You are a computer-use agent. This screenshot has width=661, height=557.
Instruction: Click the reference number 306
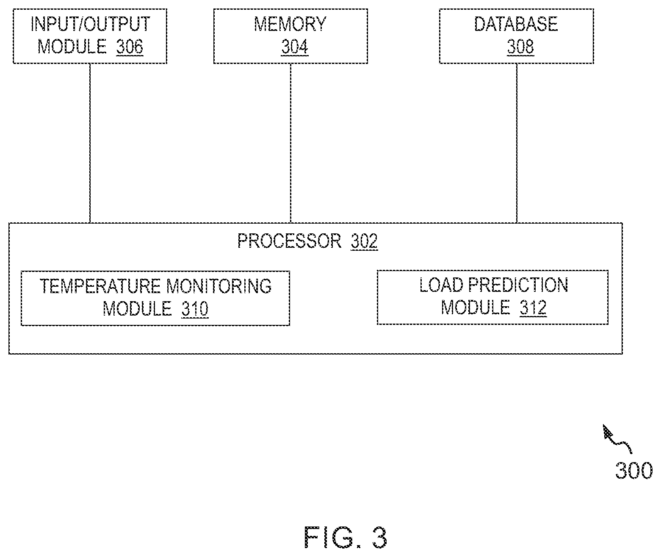click(x=130, y=47)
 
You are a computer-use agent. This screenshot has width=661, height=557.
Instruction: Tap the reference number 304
click(x=294, y=47)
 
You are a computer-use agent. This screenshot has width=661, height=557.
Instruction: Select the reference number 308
click(x=520, y=47)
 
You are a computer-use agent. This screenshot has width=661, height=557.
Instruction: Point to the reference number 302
click(x=364, y=241)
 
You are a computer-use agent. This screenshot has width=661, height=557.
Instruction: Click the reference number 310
click(x=195, y=309)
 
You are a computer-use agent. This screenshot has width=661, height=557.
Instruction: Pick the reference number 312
click(x=533, y=308)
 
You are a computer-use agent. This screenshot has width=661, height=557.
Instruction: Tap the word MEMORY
click(x=290, y=24)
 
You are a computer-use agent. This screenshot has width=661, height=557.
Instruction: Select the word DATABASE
click(x=516, y=24)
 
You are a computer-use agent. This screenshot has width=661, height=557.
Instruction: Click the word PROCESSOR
click(x=289, y=241)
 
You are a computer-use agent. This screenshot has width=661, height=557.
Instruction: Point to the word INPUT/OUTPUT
click(x=90, y=24)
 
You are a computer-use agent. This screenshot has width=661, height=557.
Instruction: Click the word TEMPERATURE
click(x=100, y=286)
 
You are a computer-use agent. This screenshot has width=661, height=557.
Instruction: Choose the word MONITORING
click(x=219, y=286)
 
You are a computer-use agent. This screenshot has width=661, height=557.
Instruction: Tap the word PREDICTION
click(x=518, y=285)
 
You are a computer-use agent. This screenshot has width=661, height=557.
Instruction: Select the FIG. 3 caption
click(x=346, y=538)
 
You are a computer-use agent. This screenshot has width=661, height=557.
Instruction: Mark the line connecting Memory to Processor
click(x=290, y=143)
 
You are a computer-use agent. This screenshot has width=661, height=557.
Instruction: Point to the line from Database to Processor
click(x=517, y=143)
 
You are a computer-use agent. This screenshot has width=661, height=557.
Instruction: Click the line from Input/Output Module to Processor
click(x=90, y=143)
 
